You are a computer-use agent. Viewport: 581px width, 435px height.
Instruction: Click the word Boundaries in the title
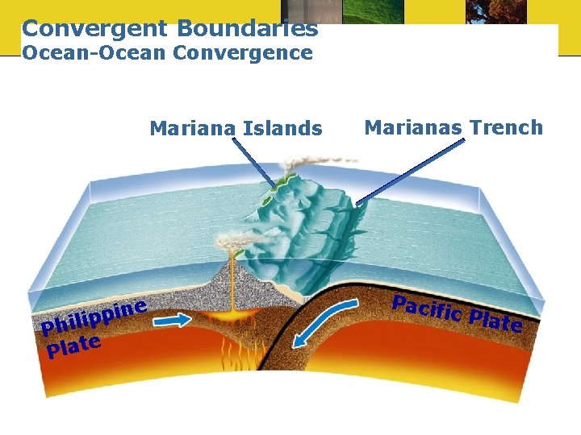(247, 29)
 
